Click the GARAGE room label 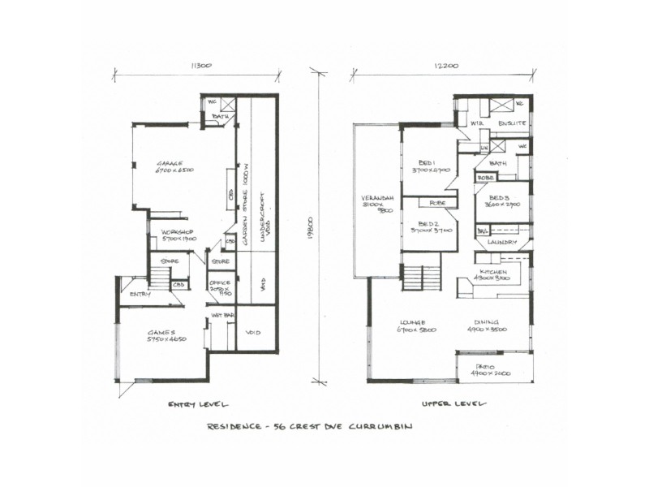[x=170, y=162]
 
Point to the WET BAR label [x=222, y=314]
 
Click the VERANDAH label [x=376, y=199]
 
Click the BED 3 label [x=498, y=199]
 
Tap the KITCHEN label [x=493, y=271]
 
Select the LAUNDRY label [x=504, y=242]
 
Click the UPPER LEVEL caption [x=453, y=403]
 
